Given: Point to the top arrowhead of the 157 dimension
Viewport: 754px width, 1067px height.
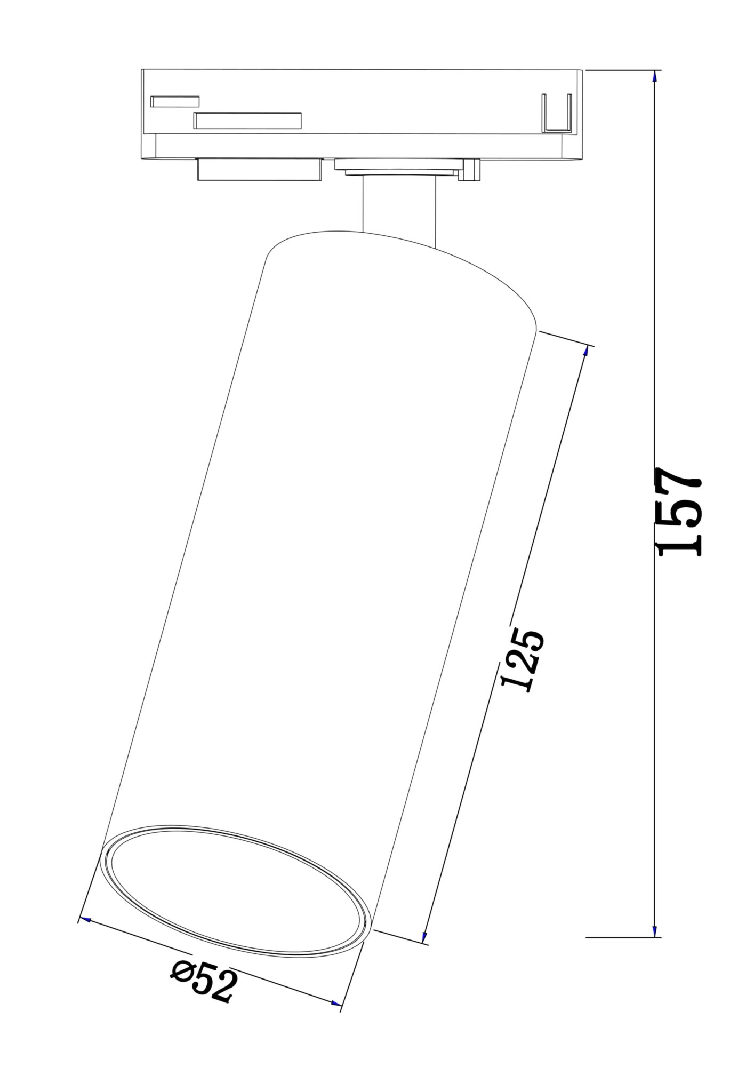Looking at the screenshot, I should (655, 76).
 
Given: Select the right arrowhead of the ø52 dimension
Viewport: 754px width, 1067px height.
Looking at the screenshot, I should (335, 1004).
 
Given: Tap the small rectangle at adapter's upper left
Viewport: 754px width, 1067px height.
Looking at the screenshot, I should (175, 101).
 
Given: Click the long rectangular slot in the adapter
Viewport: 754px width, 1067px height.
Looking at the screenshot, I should (247, 121).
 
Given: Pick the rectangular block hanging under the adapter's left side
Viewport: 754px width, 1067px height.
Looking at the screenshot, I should (259, 170).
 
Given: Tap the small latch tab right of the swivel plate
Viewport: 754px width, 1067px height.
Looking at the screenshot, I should (472, 170).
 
